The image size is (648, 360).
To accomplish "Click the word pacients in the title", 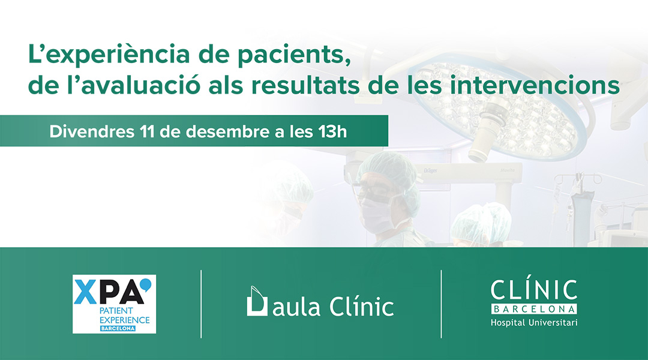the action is (x=295, y=55).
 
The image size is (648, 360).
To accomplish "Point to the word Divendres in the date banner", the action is (x=92, y=131).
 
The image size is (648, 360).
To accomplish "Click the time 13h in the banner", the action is (x=332, y=131).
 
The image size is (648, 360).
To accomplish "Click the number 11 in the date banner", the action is (x=147, y=131).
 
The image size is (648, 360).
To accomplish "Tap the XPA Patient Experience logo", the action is (x=115, y=304).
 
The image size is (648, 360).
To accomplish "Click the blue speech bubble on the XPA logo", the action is (x=145, y=285).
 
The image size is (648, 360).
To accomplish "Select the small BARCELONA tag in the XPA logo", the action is (x=118, y=329).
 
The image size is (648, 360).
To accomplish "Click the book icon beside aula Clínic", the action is (x=257, y=301).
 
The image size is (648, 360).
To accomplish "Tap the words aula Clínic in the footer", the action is (x=333, y=306).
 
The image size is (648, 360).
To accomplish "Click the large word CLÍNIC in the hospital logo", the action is (x=534, y=290).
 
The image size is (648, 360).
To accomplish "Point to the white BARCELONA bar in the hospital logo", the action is (x=534, y=309).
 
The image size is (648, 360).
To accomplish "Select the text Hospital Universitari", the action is (x=534, y=322).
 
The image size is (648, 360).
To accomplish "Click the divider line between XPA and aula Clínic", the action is (x=201, y=304).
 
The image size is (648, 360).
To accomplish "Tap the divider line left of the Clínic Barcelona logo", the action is (x=442, y=304).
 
